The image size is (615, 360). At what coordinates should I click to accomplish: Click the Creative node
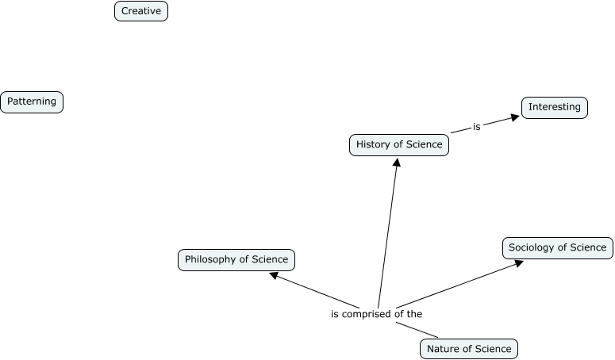141,11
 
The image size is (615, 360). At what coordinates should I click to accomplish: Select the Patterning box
32,101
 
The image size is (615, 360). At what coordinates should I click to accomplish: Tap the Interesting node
555,107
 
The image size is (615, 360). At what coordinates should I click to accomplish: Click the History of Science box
399,145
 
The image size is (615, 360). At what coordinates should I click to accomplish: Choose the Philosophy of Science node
236,259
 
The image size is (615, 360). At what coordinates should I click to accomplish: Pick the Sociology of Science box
557,247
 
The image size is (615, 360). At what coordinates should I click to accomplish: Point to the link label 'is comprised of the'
376,313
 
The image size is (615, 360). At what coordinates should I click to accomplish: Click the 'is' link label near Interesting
476,125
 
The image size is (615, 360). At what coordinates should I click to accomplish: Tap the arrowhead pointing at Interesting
515,117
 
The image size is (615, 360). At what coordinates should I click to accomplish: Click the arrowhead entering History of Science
397,162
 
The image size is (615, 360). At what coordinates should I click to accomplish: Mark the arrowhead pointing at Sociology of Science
518,262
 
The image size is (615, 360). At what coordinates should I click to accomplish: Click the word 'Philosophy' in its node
209,259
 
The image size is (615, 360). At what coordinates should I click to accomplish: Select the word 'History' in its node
371,145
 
